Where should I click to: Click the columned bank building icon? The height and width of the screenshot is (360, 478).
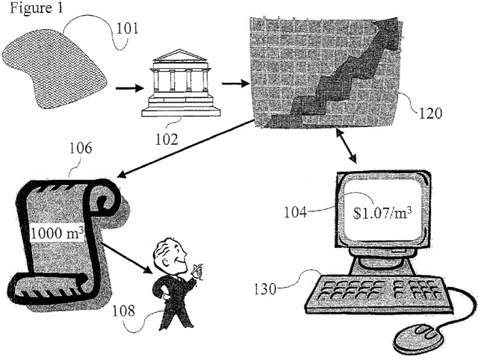pos(180,82)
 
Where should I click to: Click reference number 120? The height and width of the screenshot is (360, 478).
pos(431,114)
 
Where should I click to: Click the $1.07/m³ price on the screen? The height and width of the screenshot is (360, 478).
pos(382,211)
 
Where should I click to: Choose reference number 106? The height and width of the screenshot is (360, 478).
pos(81,148)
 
